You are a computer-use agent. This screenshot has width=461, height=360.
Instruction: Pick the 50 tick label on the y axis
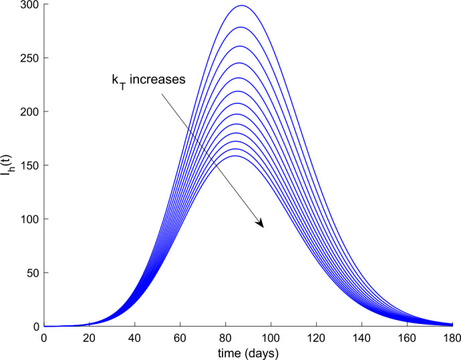(31, 273)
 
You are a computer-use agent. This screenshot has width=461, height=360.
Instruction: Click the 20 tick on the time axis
(89, 337)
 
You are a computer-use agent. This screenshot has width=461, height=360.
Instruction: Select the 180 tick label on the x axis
(452, 337)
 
